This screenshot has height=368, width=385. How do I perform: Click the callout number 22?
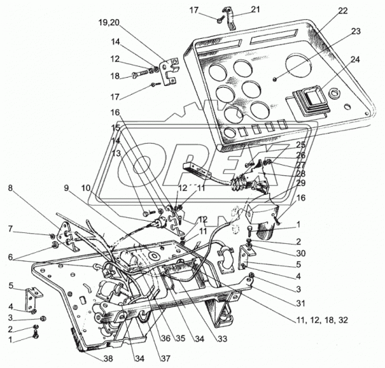pyautogui.click(x=343, y=11)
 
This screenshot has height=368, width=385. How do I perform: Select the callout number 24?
pyautogui.click(x=354, y=59)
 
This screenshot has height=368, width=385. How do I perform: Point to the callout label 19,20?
pyautogui.click(x=109, y=22)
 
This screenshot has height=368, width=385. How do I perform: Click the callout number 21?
pyautogui.click(x=255, y=10)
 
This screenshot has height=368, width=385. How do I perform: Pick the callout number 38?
pyautogui.click(x=107, y=358)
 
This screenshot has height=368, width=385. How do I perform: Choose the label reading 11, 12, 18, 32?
pyautogui.click(x=322, y=320)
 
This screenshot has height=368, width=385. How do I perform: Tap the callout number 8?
pyautogui.click(x=10, y=188)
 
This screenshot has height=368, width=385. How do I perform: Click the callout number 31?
pyautogui.click(x=300, y=303)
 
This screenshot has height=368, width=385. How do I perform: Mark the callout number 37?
pyautogui.click(x=165, y=358)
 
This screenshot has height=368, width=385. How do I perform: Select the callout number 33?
pyautogui.click(x=222, y=339)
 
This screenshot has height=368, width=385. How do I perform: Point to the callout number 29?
pyautogui.click(x=301, y=183)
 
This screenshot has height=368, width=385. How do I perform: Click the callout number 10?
pyautogui.click(x=86, y=188)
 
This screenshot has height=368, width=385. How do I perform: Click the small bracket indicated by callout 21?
pyautogui.click(x=229, y=18)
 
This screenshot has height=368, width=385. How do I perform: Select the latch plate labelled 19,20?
pyautogui.click(x=169, y=71)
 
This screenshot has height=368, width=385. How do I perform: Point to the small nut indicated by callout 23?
pyautogui.click(x=275, y=79)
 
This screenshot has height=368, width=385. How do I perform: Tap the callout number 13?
pyautogui.click(x=116, y=153)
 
